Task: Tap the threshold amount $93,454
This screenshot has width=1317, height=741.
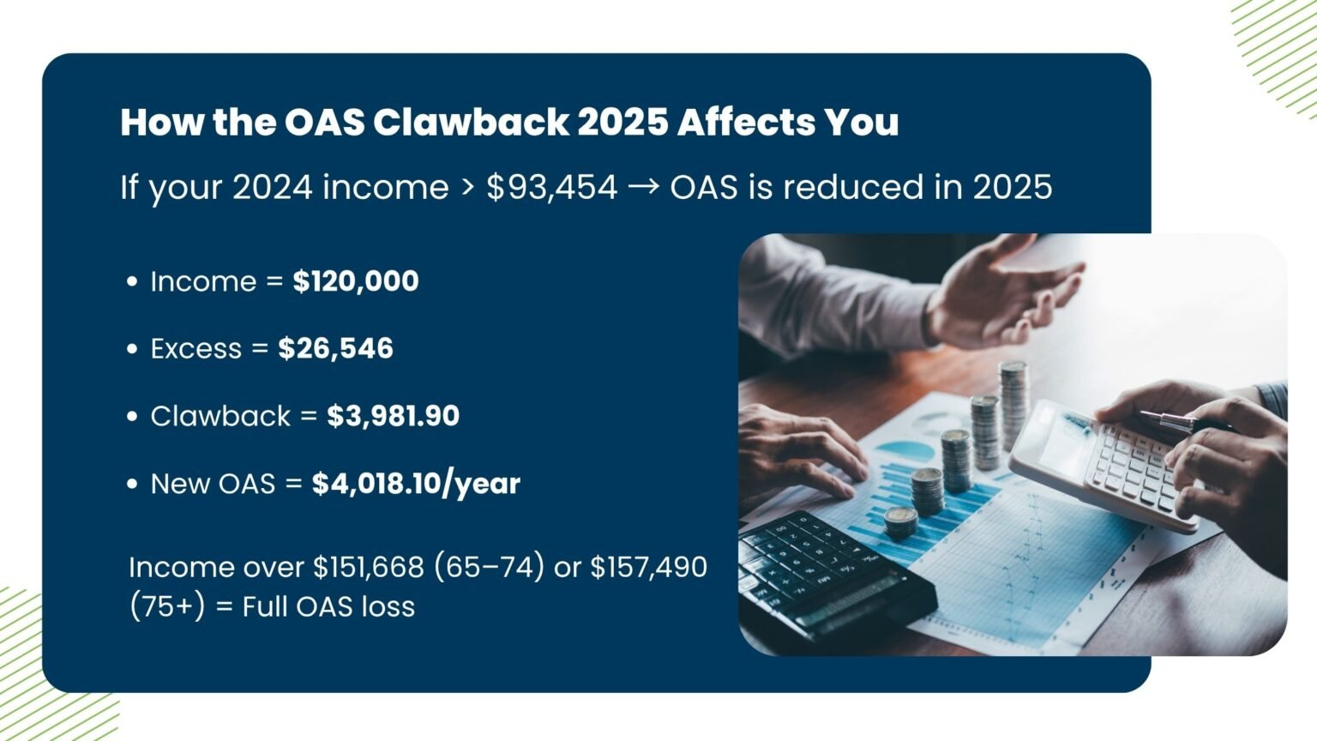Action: click(551, 187)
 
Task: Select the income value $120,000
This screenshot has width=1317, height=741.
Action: click(356, 281)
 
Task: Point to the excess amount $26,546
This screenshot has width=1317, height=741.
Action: click(335, 348)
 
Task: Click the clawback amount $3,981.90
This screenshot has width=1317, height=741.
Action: click(393, 416)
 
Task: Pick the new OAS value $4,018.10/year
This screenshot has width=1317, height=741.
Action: click(416, 484)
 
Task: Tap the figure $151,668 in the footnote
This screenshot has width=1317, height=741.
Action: click(368, 567)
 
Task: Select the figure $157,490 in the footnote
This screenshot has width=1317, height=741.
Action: click(648, 567)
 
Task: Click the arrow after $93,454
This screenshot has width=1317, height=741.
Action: click(643, 187)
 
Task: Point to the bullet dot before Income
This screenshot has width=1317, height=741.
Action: click(131, 281)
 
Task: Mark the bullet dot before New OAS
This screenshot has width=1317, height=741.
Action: click(131, 484)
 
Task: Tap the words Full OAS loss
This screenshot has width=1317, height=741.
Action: click(328, 607)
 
